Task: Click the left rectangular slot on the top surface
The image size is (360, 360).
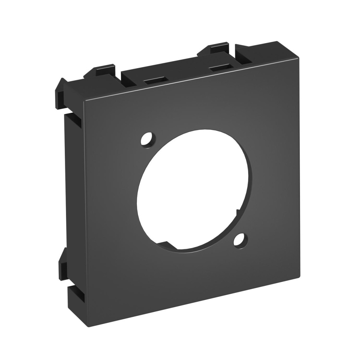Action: [x=155, y=81]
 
